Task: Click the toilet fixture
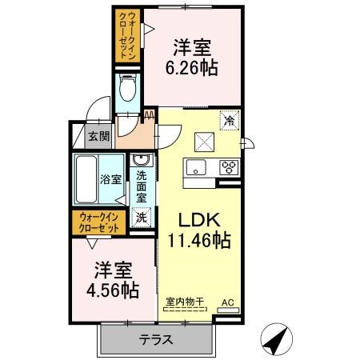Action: click(x=128, y=87)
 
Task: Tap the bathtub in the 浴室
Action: click(x=86, y=179)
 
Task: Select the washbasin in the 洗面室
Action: click(x=142, y=160)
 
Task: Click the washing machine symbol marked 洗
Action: click(x=142, y=218)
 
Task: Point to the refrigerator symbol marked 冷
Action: click(x=229, y=121)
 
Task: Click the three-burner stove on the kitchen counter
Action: click(x=229, y=167)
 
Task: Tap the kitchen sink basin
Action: click(x=196, y=167)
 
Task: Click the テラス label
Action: click(x=156, y=340)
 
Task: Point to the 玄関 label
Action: click(x=99, y=137)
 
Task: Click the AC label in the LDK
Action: click(x=228, y=302)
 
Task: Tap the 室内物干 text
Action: click(x=185, y=302)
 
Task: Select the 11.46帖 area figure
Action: click(x=198, y=240)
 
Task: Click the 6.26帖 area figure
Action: click(x=192, y=68)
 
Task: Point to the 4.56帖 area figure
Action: click(x=113, y=290)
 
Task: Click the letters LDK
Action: click(x=199, y=220)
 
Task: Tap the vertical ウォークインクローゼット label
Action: click(x=127, y=35)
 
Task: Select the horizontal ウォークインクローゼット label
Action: click(x=99, y=222)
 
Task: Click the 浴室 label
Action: click(x=111, y=179)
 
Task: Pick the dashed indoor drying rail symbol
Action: click(x=185, y=310)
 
